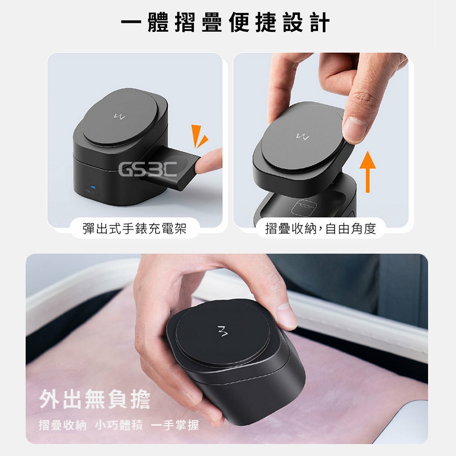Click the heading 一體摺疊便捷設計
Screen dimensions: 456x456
[225, 23]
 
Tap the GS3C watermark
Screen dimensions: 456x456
[148, 169]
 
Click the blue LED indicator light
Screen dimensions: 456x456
[93, 187]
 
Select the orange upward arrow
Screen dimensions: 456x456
[368, 172]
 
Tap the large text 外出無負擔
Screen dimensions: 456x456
[95, 399]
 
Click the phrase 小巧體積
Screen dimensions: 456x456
[119, 425]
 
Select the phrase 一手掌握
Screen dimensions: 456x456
[175, 425]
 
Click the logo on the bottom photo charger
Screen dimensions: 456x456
[223, 331]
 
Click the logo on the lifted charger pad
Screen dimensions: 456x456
[303, 136]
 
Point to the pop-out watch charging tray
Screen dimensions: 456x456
[170, 168]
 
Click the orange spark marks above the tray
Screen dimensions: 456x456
[199, 136]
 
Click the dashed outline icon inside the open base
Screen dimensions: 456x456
[303, 207]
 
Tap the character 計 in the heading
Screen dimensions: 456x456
[320, 23]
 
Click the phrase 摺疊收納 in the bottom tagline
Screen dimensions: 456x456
[63, 425]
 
